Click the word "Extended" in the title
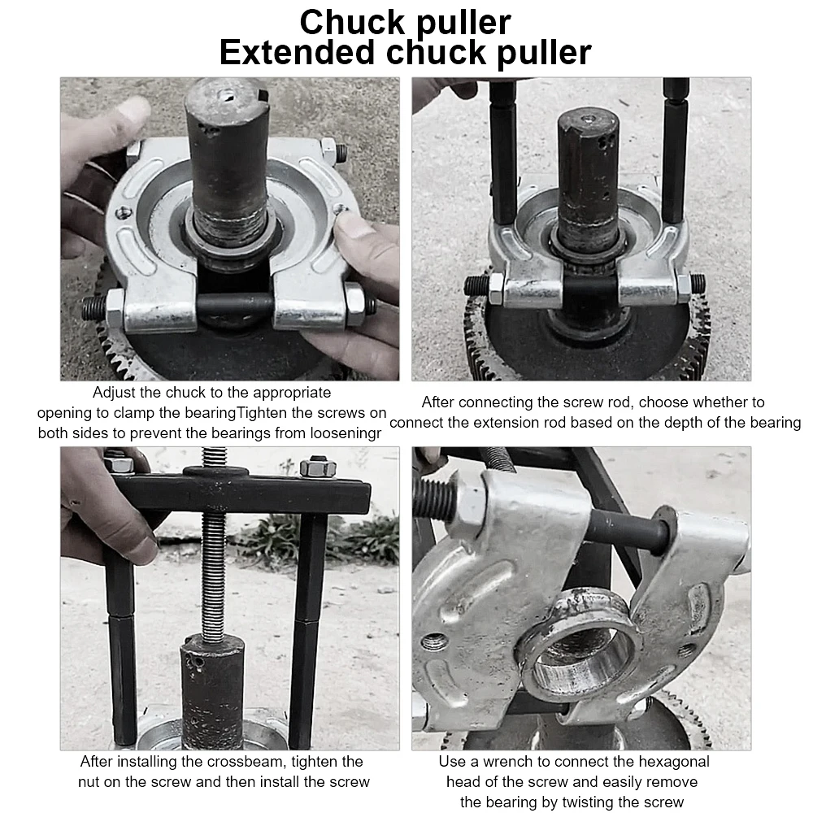[x=297, y=52]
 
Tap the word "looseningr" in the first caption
[x=346, y=433]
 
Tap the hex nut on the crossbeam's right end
[x=318, y=467]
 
